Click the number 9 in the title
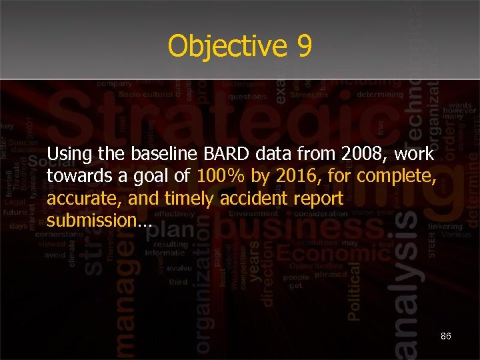click(301, 47)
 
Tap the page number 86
click(446, 337)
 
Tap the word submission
click(97, 221)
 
